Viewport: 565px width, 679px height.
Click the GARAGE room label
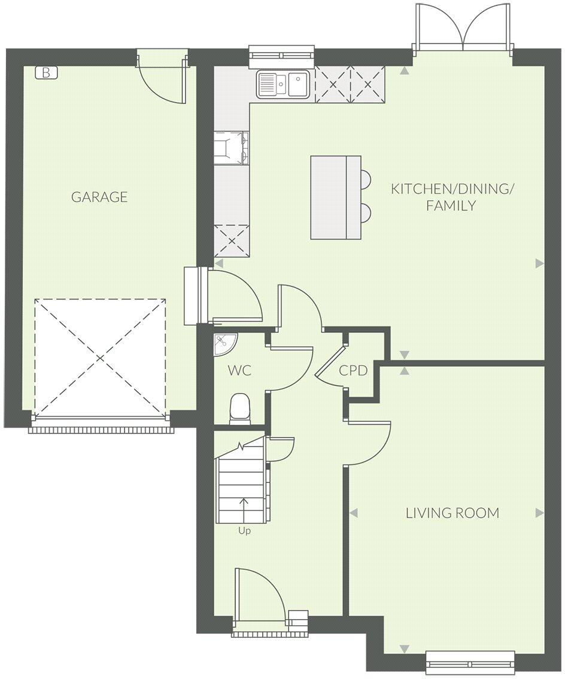coord(99,197)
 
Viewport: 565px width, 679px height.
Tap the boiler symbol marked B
coord(46,73)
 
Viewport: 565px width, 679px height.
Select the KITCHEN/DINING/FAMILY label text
coord(452,197)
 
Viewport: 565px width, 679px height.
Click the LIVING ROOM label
coord(452,513)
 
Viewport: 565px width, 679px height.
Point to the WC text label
coord(239,371)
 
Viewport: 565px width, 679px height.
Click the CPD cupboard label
coord(353,371)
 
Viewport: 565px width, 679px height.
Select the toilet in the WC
coord(239,408)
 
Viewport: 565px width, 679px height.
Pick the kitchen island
coord(335,197)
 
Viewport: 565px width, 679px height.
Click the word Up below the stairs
coord(244,530)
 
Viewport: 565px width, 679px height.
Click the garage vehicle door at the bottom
coord(100,429)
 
